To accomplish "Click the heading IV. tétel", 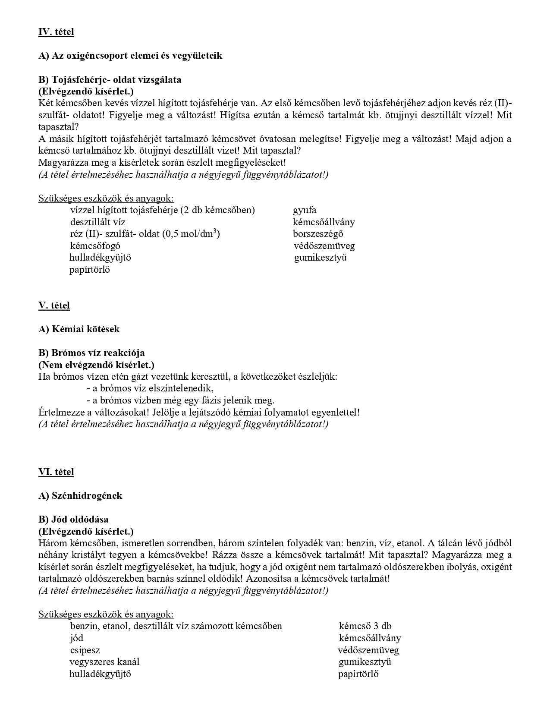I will pos(56,32).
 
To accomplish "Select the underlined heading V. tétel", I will pos(54,306).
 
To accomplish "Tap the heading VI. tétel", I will pos(56,472).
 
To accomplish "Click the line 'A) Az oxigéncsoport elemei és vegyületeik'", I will pos(130,56).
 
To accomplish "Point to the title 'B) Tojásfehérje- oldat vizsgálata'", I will pos(110,80).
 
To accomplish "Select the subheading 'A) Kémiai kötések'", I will pos(79,329).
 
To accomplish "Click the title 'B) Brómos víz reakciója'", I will pos(91,353).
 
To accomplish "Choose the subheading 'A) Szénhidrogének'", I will pos(80,496).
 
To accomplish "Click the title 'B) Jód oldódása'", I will pos(73,520).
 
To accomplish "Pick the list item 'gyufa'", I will pos(305,210).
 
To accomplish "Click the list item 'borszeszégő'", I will pos(318,234).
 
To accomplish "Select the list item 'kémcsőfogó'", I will pos(95,246).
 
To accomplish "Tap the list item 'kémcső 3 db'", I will pos(365,626).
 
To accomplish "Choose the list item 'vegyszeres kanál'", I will pos(104,662).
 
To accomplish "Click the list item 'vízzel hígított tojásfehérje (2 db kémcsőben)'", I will pos(162,210).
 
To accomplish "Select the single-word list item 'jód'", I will pos(76,638).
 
